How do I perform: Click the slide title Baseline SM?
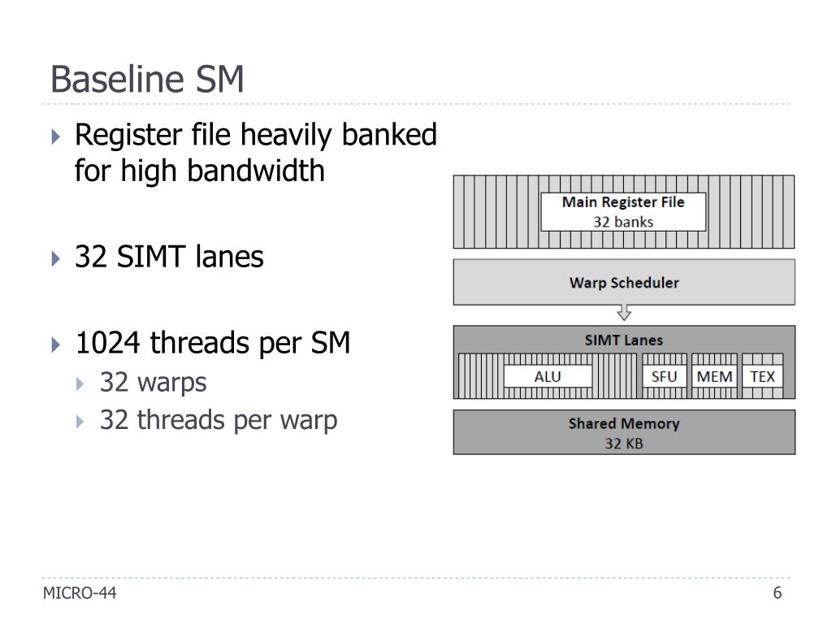click(x=147, y=80)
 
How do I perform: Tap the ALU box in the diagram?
click(x=547, y=377)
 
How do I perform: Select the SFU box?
click(x=664, y=377)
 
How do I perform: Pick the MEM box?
click(x=715, y=377)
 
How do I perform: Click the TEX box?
click(x=762, y=377)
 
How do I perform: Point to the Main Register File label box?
click(x=623, y=211)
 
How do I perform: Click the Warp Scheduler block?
click(x=623, y=283)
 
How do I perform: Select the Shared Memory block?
click(x=623, y=431)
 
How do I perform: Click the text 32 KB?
click(x=623, y=444)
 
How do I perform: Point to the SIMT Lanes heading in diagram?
click(x=623, y=340)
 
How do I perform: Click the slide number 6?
click(x=778, y=593)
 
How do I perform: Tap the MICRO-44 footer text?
click(x=80, y=594)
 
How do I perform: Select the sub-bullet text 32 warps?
click(x=153, y=382)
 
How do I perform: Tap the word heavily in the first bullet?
click(x=286, y=135)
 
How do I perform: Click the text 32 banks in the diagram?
click(x=623, y=221)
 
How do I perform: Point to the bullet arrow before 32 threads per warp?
click(x=80, y=422)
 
